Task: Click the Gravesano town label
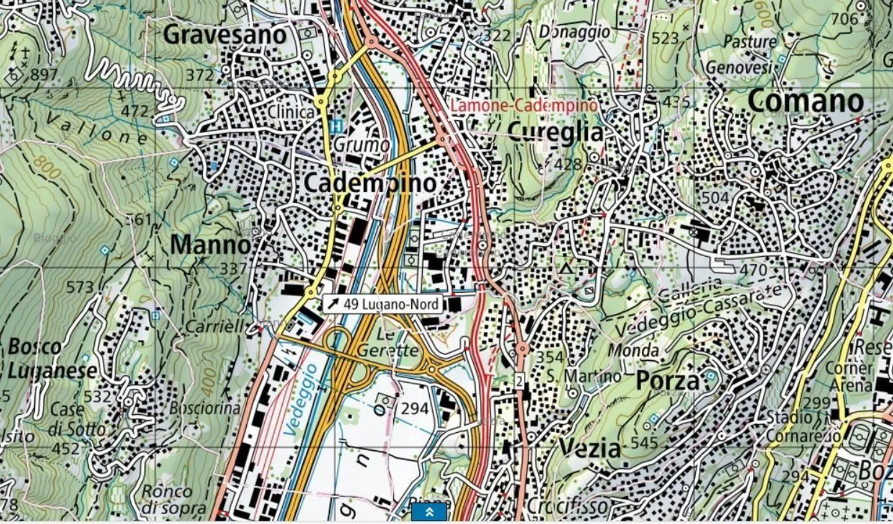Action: [225, 35]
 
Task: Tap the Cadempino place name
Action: [370, 183]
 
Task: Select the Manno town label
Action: [210, 245]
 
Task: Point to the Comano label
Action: [806, 101]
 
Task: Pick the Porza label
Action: [667, 381]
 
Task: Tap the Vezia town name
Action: [589, 448]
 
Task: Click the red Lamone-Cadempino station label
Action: [523, 105]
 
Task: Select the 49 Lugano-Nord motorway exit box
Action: [383, 304]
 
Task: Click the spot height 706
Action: [845, 19]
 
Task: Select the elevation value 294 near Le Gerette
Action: [414, 408]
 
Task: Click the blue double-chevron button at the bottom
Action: [429, 512]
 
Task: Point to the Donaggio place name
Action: [574, 31]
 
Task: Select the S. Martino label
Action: [584, 376]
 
